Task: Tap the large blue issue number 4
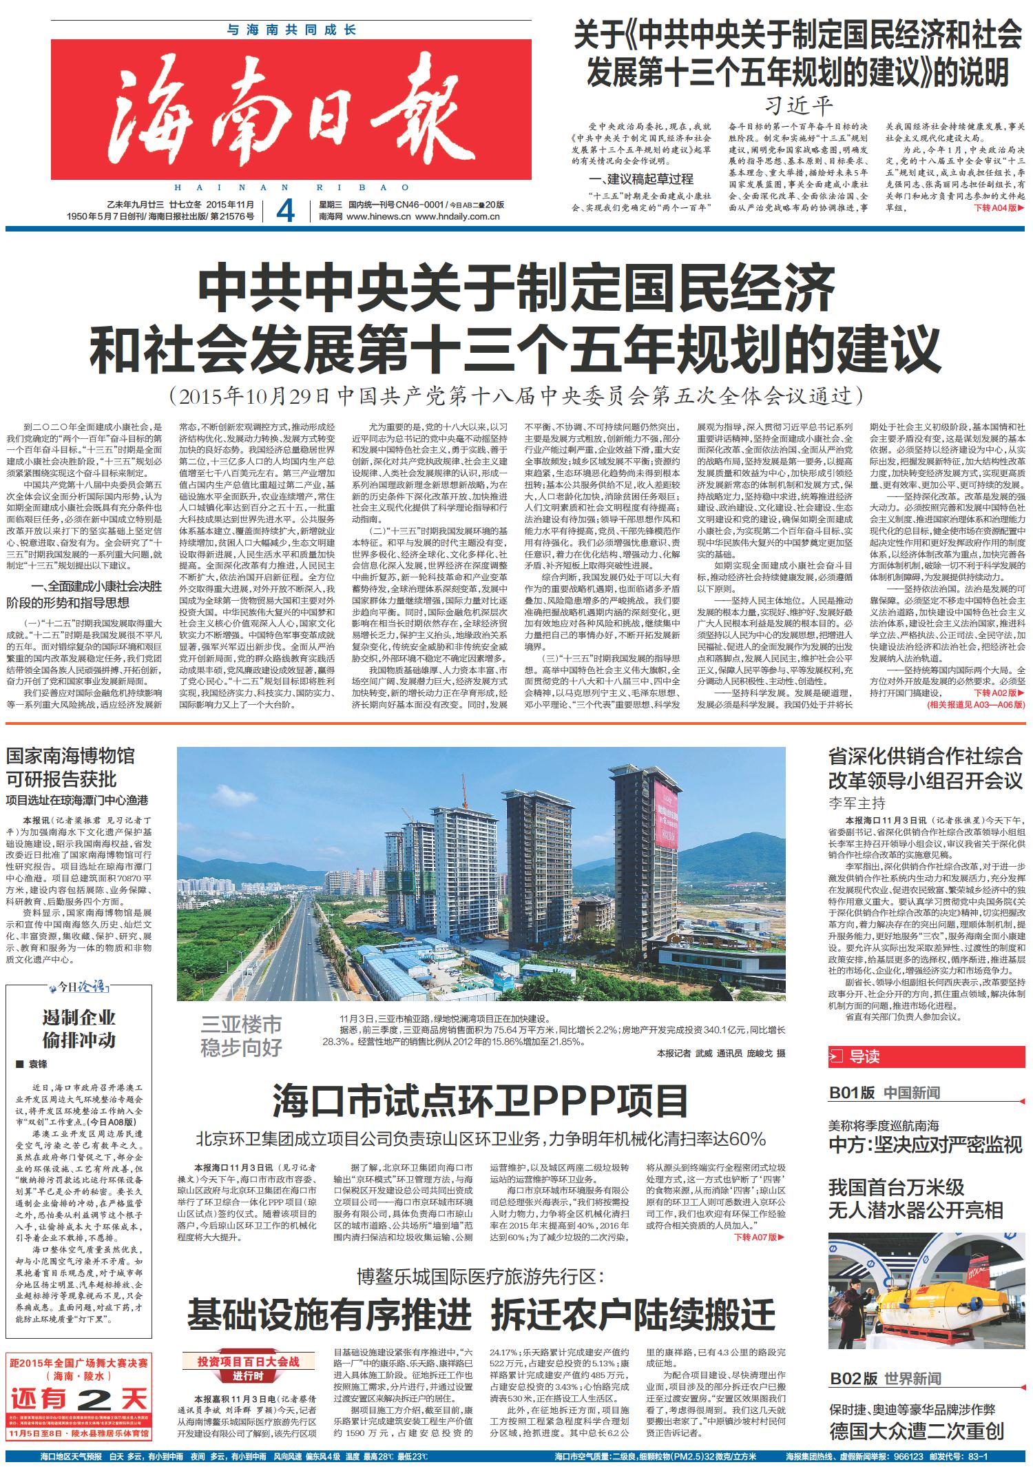284,211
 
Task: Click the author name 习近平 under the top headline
799,105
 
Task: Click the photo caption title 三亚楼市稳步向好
241,1036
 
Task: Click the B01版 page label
851,1093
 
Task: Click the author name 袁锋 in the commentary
38,1065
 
